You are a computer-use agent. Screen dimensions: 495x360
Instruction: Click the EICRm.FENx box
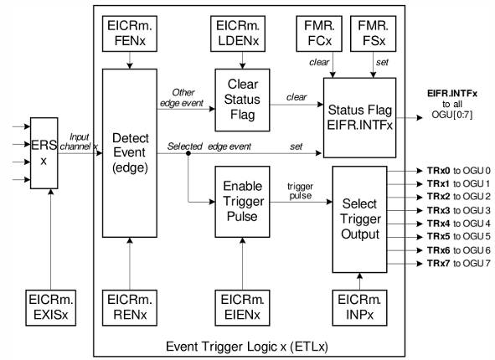[130, 33]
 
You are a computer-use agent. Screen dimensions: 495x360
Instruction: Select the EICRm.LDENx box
[238, 33]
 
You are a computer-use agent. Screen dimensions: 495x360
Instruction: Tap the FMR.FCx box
[319, 33]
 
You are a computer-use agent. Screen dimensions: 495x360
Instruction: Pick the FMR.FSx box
[374, 33]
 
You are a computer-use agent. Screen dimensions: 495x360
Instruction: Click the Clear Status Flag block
[242, 100]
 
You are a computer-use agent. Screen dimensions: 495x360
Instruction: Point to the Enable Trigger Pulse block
[242, 202]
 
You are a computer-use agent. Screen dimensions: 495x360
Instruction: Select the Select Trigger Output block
[360, 219]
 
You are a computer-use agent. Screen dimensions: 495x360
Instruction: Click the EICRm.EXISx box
[51, 308]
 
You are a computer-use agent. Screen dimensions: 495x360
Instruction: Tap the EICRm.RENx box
[130, 308]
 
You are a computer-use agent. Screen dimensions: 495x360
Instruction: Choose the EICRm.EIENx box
[242, 308]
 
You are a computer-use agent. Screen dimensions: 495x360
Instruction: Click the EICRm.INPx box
[360, 308]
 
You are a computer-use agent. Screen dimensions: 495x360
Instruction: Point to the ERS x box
[44, 153]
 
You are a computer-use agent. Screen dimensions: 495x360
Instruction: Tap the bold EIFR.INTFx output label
[452, 94]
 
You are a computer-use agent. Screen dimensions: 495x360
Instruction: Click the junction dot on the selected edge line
[188, 153]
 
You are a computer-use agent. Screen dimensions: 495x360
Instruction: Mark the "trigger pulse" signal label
[300, 191]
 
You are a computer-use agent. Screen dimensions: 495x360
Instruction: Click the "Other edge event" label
[182, 98]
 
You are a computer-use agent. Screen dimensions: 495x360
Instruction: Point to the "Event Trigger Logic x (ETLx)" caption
[247, 347]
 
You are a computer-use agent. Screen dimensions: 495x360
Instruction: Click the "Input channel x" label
[80, 141]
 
